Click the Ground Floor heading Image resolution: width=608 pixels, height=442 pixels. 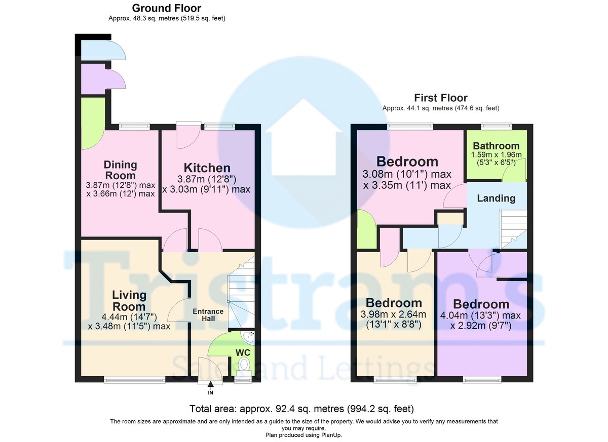click(167, 8)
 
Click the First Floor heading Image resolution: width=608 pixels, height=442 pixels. click(440, 98)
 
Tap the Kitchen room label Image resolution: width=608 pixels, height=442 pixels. click(207, 168)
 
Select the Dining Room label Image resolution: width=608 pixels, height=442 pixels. click(121, 170)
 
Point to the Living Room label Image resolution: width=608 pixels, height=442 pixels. click(129, 300)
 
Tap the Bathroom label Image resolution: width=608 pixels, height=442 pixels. click(496, 146)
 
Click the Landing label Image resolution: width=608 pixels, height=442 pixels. click(496, 198)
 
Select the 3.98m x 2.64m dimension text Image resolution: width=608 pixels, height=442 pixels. click(396, 315)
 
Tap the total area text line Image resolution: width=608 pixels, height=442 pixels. click(302, 409)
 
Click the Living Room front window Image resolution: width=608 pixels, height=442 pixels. click(134, 379)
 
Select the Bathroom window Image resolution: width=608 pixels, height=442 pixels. click(496, 126)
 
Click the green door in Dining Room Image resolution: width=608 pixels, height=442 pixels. click(93, 124)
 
